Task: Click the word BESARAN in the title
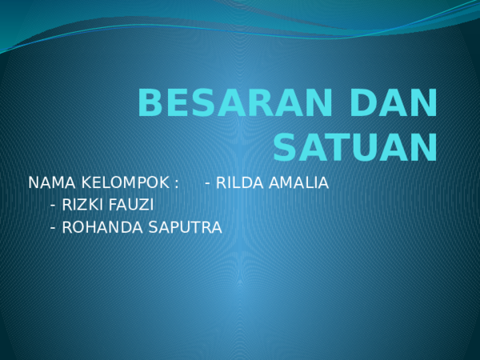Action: [x=235, y=102]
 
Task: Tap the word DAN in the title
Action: [x=394, y=102]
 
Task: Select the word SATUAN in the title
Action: [x=355, y=147]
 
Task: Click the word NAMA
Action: [x=52, y=182]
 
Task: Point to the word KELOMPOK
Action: [x=126, y=182]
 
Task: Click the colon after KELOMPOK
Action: [x=176, y=184]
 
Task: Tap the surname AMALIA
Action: [x=298, y=182]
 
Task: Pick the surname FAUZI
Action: [x=130, y=205]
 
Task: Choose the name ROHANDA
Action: [x=102, y=227]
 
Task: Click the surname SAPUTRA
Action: [x=186, y=227]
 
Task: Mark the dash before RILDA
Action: [x=207, y=184]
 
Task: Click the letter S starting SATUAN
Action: [x=284, y=147]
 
